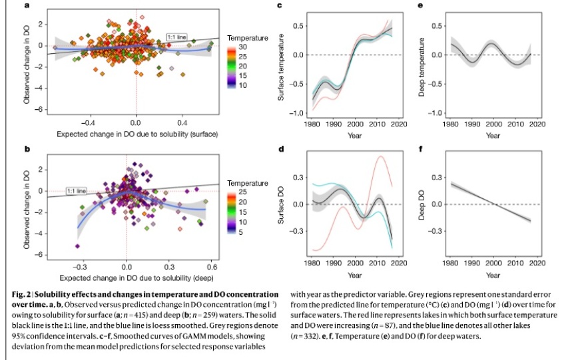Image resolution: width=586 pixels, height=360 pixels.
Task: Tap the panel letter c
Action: pyautogui.click(x=280, y=5)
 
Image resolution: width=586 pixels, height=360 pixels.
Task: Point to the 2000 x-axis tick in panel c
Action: pyautogui.click(x=355, y=124)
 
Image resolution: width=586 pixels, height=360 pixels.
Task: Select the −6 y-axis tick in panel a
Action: pyautogui.click(x=40, y=109)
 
